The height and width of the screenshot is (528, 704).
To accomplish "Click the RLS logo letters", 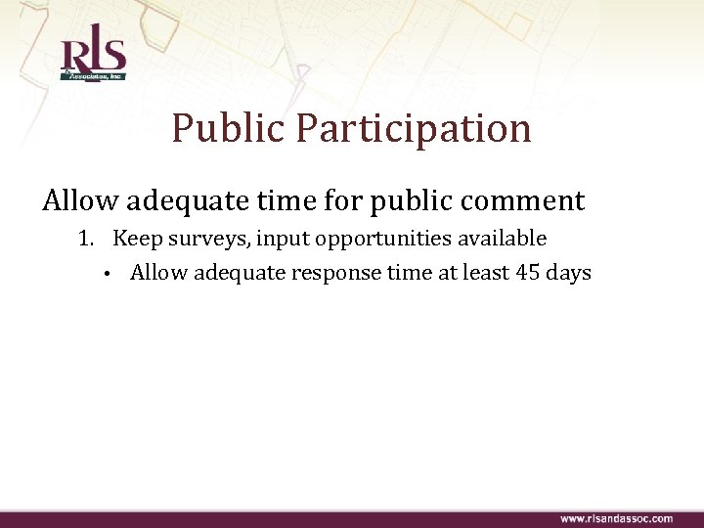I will click(x=92, y=53).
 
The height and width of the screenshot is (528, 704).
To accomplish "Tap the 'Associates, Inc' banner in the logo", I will click(x=93, y=73).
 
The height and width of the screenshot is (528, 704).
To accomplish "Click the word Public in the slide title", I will click(x=229, y=128).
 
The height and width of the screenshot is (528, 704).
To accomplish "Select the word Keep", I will click(x=135, y=239).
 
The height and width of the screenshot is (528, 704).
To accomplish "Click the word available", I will click(x=500, y=239).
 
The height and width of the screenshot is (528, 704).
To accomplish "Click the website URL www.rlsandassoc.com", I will click(x=615, y=518).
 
